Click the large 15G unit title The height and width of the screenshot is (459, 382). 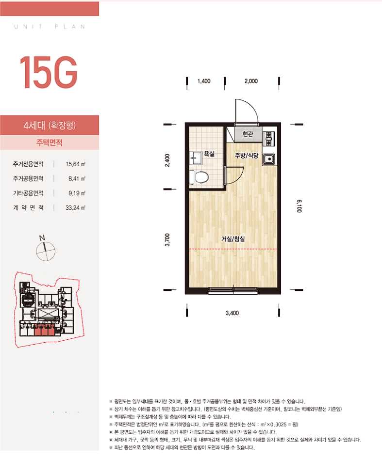[48, 72]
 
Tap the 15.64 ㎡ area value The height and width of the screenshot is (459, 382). [75, 164]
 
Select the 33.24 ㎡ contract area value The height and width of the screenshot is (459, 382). [75, 208]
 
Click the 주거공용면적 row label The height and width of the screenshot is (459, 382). [28, 178]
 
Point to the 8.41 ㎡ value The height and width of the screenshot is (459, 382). [77, 178]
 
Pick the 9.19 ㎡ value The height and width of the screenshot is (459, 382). [77, 193]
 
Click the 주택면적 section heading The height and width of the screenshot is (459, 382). [49, 142]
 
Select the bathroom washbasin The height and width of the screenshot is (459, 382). [196, 158]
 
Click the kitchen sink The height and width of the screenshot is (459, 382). [268, 159]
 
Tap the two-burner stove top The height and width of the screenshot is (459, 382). [268, 139]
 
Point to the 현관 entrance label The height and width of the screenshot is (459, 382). [248, 134]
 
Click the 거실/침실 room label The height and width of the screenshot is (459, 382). [233, 239]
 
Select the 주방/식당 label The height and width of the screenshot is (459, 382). [246, 156]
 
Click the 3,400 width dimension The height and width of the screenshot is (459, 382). [232, 313]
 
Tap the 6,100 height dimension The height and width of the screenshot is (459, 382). [299, 206]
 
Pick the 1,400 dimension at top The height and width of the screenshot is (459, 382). [204, 81]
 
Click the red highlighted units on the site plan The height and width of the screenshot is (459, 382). [44, 331]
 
